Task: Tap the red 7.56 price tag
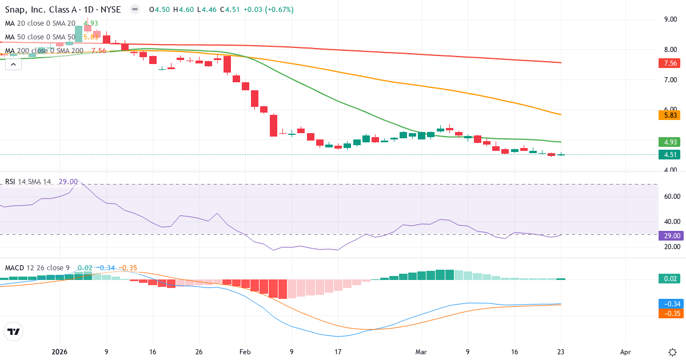(x=669, y=63)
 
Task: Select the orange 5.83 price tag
(x=669, y=115)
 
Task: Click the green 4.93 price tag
(x=669, y=142)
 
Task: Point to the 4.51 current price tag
(x=669, y=154)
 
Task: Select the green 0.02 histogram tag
(x=669, y=279)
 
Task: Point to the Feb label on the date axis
(x=245, y=352)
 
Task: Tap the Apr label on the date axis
(x=625, y=352)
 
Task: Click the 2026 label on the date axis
(x=59, y=352)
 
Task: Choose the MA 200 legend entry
(x=45, y=50)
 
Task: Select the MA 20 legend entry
(x=40, y=23)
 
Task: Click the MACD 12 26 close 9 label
(x=38, y=267)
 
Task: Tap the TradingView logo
(x=13, y=331)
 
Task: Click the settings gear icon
(x=672, y=351)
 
